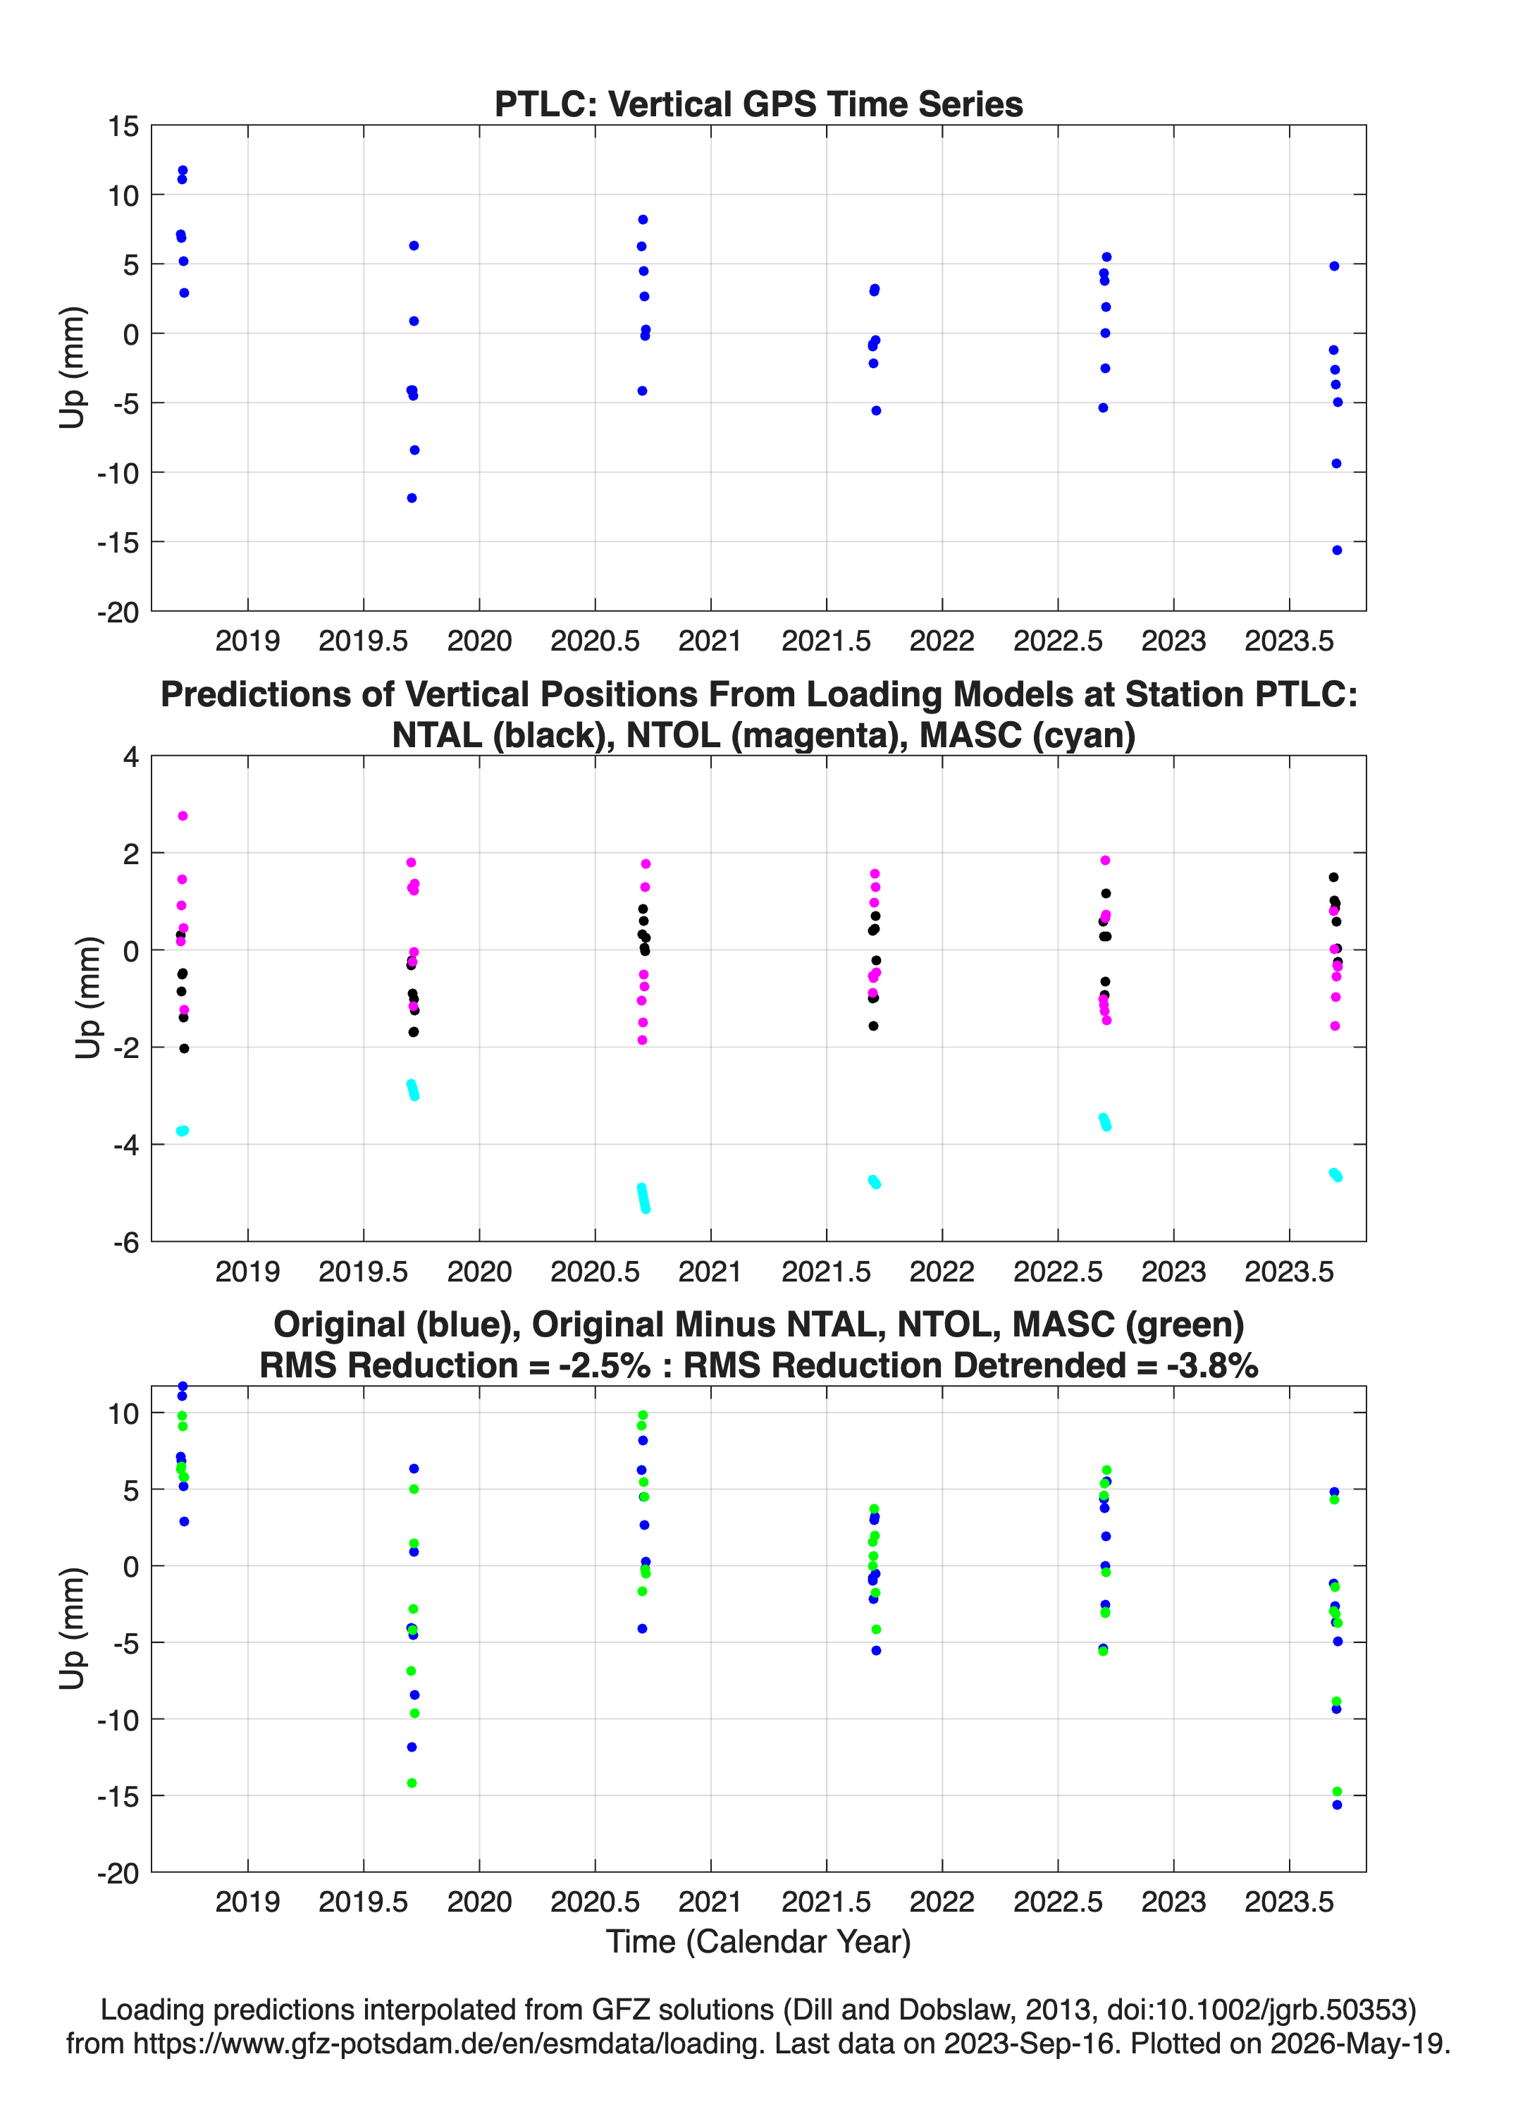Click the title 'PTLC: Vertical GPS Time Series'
[758, 104]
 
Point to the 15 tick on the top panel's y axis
[123, 126]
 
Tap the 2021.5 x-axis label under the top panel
[826, 641]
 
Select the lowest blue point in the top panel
[1336, 551]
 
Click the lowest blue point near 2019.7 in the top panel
[412, 498]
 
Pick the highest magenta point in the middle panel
[183, 816]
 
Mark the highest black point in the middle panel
[1333, 878]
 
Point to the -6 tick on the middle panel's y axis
[126, 1243]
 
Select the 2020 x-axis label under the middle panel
[479, 1272]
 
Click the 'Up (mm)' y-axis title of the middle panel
[87, 997]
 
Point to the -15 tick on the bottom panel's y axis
[118, 1796]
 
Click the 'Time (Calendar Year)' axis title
[758, 1942]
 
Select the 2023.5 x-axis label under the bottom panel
[1289, 1902]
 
